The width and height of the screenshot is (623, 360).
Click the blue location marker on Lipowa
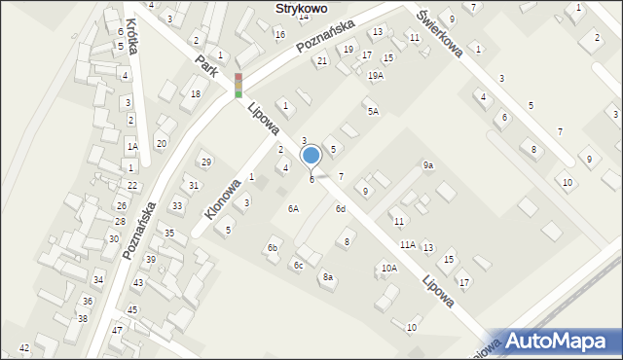point(311,156)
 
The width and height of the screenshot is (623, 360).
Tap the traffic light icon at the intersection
point(238,86)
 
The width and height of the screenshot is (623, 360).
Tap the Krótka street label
point(132,35)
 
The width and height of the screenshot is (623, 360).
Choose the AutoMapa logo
point(562,341)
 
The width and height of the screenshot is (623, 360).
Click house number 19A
point(375,75)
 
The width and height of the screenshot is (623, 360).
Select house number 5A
point(373,112)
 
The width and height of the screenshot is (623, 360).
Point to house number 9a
point(427,165)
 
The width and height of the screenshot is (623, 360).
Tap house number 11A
point(407,244)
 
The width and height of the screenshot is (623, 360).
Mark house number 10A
point(388,268)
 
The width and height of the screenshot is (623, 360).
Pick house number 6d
point(341,209)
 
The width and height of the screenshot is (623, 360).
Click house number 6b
point(274,248)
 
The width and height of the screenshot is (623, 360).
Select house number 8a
point(328,277)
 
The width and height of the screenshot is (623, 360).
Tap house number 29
point(205,162)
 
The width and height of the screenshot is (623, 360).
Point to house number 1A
point(131,146)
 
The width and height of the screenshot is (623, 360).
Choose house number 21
point(321,61)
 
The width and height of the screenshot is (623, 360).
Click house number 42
point(24,347)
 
